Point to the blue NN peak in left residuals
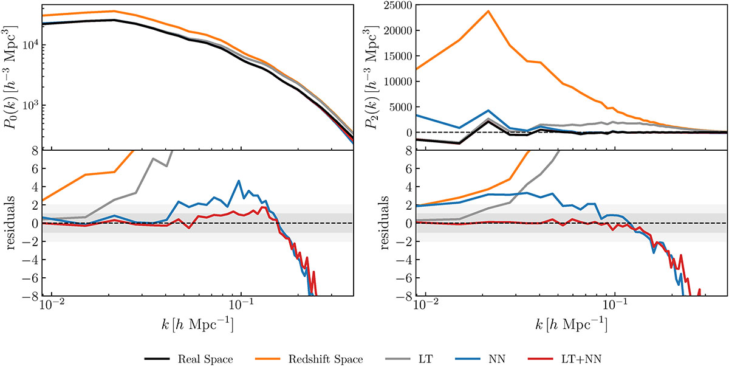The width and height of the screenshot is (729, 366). [x=239, y=181]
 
